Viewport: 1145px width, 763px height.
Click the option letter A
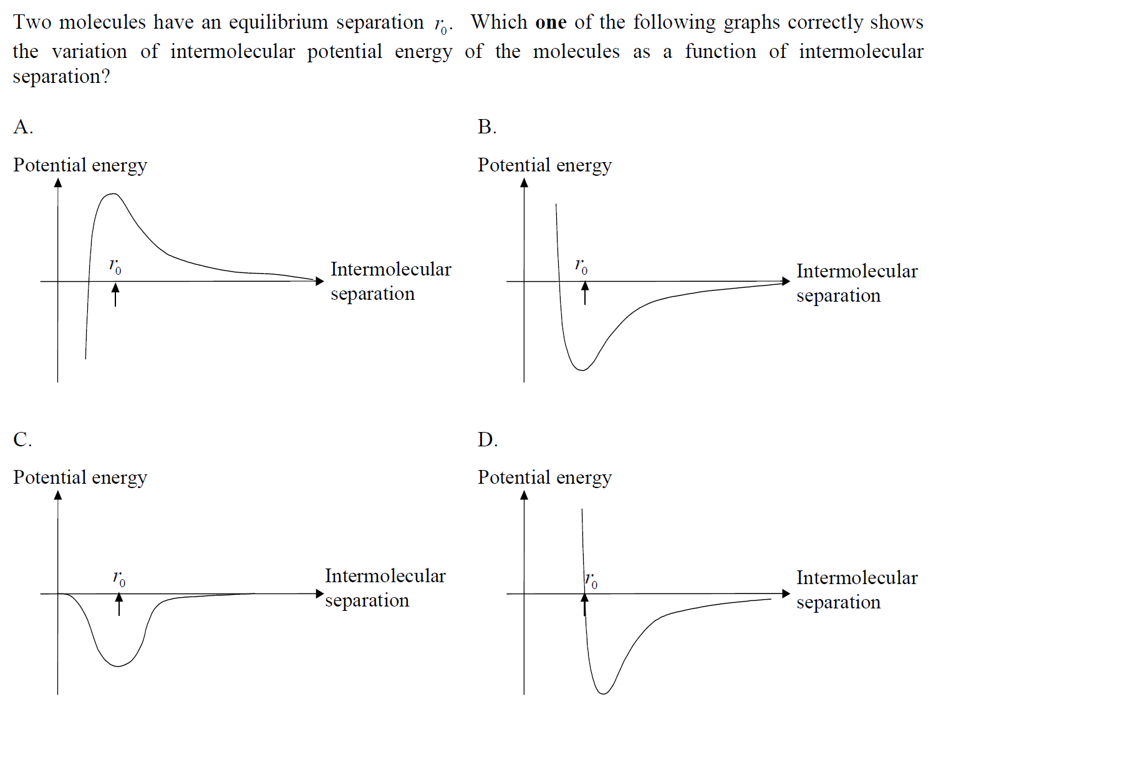(22, 127)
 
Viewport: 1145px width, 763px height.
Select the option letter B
(487, 127)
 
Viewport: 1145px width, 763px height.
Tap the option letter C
(22, 439)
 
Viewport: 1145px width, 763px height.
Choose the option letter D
(487, 439)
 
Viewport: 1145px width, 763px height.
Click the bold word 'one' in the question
(551, 22)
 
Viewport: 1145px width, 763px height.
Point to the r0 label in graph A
(115, 266)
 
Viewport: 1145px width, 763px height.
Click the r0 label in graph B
(581, 266)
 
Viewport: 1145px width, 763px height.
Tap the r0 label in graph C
(119, 578)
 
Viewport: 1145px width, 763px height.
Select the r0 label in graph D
(591, 580)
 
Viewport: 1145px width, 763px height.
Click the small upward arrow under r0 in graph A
(115, 295)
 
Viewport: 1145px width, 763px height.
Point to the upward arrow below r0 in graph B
(585, 293)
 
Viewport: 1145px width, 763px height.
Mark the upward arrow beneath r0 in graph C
(119, 604)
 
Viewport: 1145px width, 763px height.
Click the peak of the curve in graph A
(113, 194)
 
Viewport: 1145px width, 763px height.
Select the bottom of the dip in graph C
(118, 666)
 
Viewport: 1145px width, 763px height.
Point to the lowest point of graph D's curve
(604, 693)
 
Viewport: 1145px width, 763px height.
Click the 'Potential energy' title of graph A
(80, 165)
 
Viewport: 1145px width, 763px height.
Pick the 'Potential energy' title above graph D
(544, 477)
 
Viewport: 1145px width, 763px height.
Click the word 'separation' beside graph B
(838, 295)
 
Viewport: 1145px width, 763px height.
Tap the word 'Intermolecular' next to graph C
(385, 576)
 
